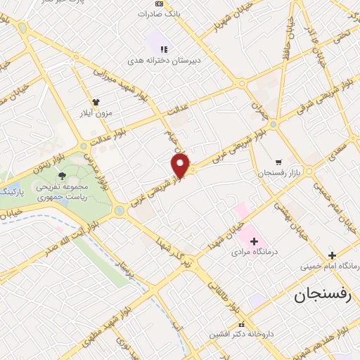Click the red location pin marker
click(x=181, y=166)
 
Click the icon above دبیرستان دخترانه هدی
click(x=163, y=49)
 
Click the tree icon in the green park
click(x=63, y=176)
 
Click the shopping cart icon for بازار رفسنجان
click(x=279, y=162)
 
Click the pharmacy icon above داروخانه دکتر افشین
click(x=243, y=324)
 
